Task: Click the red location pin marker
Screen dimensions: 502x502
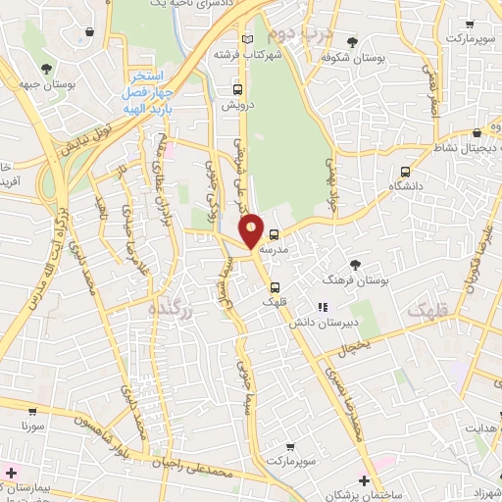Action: click(252, 229)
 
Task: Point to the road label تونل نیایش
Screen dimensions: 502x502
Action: click(85, 141)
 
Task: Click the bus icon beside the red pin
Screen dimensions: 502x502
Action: click(275, 234)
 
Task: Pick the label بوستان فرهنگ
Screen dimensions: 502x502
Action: click(358, 280)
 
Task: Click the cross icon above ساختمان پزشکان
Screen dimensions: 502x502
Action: click(365, 479)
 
